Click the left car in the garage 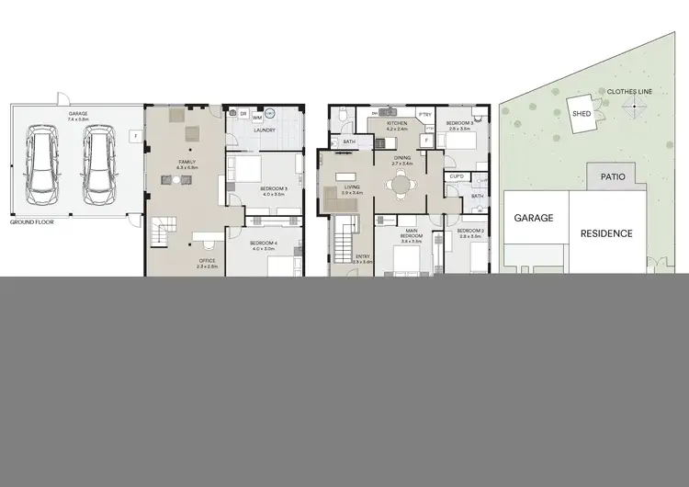(43, 164)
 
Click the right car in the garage (98, 164)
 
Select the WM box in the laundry (255, 118)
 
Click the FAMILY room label (186, 162)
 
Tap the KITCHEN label (397, 122)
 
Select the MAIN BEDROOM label (410, 237)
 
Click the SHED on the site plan (581, 113)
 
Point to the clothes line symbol (632, 108)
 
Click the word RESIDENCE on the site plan (606, 233)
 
